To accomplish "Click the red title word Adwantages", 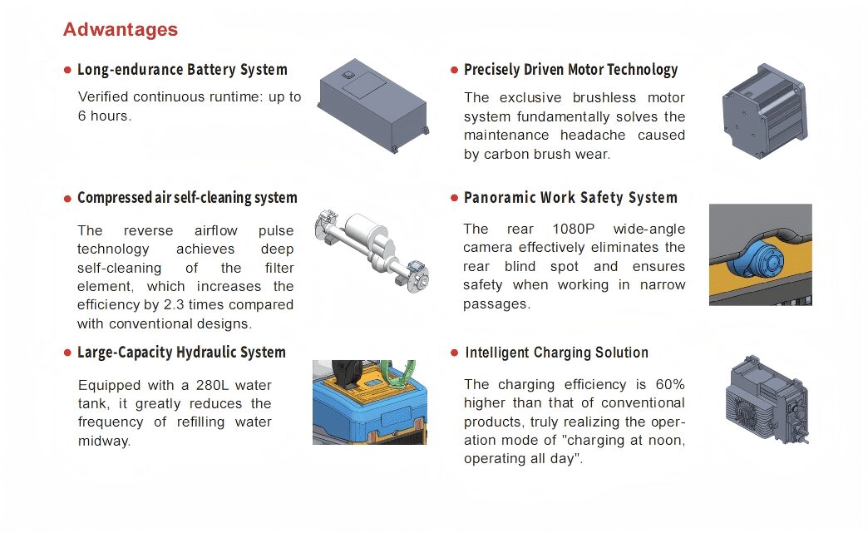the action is (120, 29).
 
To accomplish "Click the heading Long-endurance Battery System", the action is (182, 70).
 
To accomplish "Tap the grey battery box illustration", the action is (372, 105).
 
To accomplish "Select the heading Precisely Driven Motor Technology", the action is (570, 70).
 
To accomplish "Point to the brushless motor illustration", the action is (764, 111).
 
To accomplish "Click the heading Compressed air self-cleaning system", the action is (187, 198).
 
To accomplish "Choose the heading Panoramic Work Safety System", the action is (570, 198).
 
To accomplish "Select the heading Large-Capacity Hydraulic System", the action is (181, 353).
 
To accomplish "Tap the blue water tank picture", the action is (370, 402).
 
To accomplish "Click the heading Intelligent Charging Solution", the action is (556, 353).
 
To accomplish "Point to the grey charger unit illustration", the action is (767, 399).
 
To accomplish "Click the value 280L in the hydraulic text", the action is (211, 385).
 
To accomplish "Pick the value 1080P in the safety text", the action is (574, 229).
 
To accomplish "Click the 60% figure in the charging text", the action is (670, 385).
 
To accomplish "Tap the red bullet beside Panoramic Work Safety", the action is (455, 198).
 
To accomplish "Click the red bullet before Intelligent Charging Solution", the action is (455, 353).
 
